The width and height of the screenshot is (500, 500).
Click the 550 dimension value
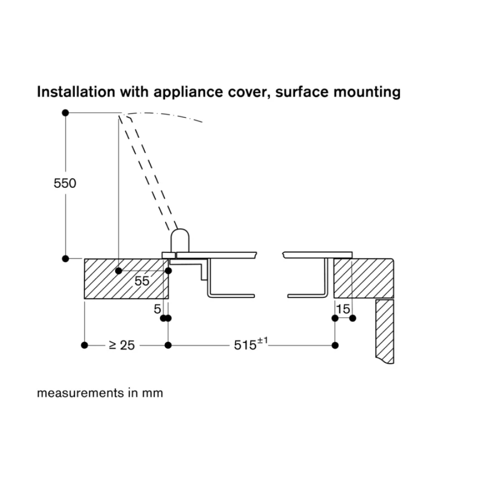pos(65,183)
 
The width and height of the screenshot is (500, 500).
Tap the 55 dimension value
pos(142,281)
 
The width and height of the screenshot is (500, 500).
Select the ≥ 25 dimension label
pos(121,345)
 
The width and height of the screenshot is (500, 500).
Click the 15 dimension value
pos(343,309)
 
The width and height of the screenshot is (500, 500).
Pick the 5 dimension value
pos(157,309)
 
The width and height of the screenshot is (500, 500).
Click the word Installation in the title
pos(72,92)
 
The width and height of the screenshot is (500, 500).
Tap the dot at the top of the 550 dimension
pos(65,113)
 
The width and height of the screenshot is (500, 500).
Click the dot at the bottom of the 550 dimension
pos(65,258)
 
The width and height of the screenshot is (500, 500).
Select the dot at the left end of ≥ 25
pos(84,345)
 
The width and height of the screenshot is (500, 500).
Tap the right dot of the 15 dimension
pos(352,318)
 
